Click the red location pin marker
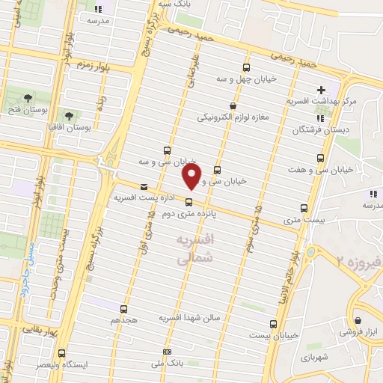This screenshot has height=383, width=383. (192, 177)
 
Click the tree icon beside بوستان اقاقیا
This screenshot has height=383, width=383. (70, 116)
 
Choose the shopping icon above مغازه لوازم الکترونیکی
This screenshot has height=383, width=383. (233, 105)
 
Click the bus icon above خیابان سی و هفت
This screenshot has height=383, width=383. (321, 159)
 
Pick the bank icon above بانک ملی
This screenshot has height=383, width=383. (168, 352)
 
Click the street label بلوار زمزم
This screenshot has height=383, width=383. (91, 65)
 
